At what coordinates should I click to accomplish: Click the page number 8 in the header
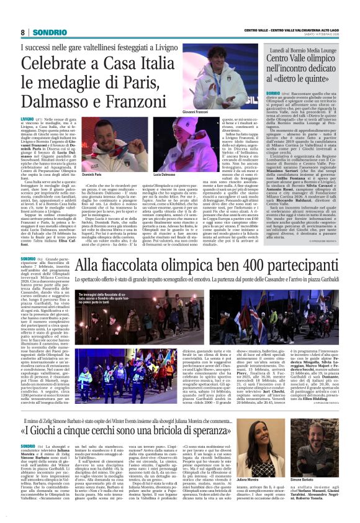click(22, 32)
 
